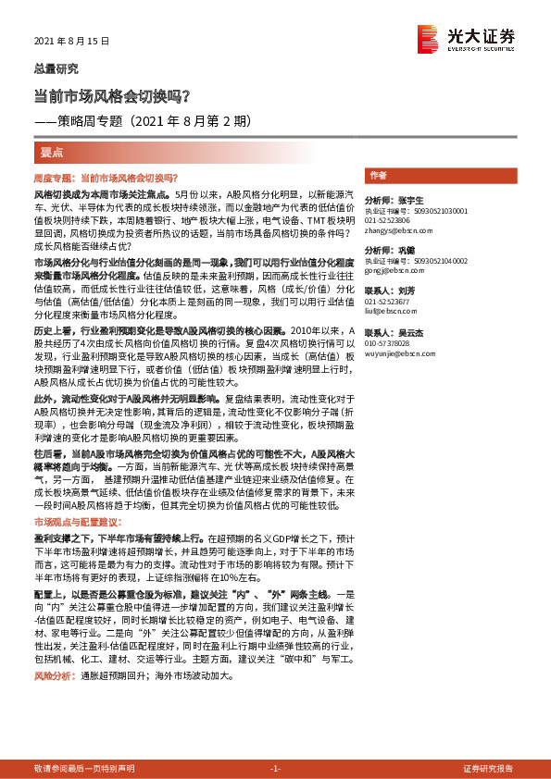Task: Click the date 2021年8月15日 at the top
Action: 71,42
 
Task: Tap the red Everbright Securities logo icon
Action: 427,38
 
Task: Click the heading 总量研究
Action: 56,68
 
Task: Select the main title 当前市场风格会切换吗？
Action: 112,95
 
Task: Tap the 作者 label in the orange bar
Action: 378,175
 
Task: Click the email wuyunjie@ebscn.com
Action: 394,352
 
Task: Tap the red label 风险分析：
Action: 53,676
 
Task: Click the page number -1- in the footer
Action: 275,769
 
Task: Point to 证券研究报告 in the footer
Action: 487,769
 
